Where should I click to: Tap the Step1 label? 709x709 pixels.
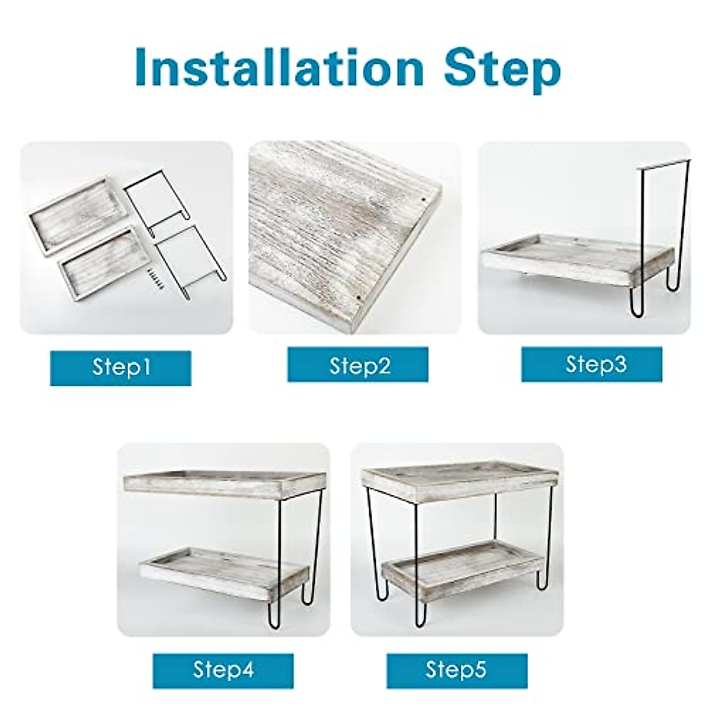coord(121,367)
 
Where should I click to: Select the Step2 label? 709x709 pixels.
coord(357,365)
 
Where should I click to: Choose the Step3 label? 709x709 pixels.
coord(591,364)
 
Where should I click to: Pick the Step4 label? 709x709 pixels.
coord(223,670)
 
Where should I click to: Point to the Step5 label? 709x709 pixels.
coord(456,670)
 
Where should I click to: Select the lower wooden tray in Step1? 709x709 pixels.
coord(104,266)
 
